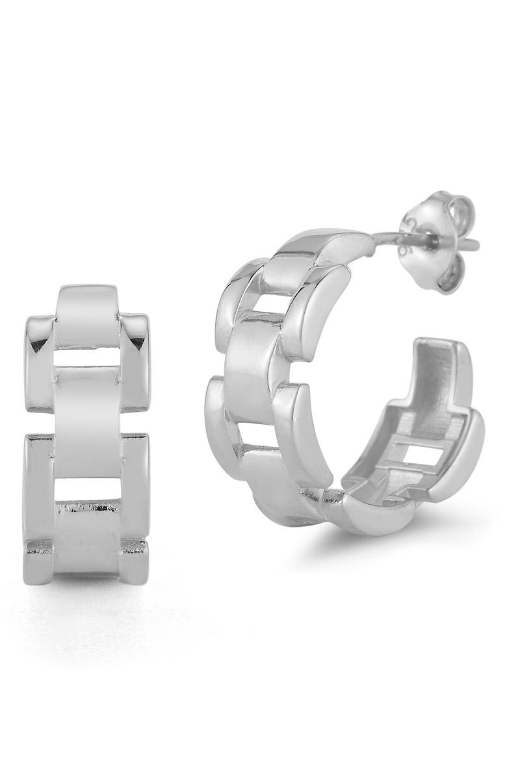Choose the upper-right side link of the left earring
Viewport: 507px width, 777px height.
(x=135, y=364)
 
